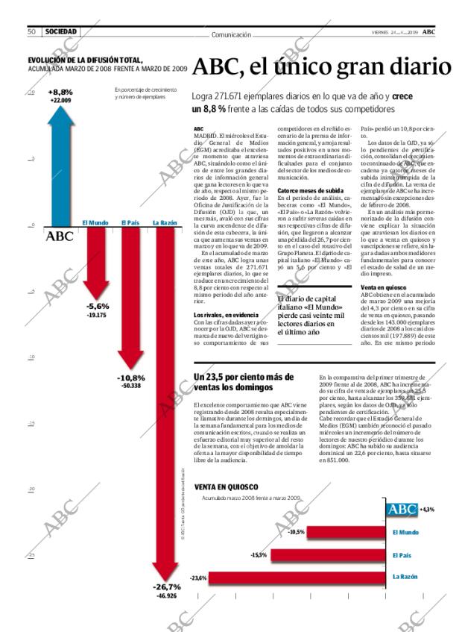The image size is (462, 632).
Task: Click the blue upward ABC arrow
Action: coord(60,164)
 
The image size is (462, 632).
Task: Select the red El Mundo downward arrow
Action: coord(97,261)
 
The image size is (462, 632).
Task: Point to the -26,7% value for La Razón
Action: coord(165,587)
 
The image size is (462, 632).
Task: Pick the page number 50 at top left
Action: coord(32,32)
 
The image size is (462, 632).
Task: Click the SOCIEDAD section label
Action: coord(61,32)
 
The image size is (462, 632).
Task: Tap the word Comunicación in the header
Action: coord(230,34)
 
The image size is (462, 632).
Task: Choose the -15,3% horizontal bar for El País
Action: coord(328,554)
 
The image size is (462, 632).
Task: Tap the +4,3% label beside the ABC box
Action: coord(427,509)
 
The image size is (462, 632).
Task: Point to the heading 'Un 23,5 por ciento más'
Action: coord(242,377)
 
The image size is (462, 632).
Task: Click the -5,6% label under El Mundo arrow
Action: coord(98,306)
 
